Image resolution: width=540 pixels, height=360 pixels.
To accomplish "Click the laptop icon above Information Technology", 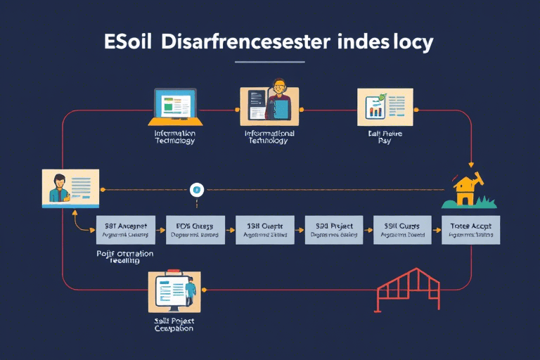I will tap(174, 106).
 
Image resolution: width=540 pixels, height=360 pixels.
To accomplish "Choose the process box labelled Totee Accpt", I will tap(470, 229).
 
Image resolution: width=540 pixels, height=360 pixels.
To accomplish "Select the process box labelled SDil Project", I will tap(334, 229).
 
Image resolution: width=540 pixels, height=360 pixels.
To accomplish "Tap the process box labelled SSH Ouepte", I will tap(264, 229).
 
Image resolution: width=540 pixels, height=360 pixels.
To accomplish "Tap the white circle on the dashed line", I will tap(197, 188).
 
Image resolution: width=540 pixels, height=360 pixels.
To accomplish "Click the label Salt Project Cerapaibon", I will tap(174, 323).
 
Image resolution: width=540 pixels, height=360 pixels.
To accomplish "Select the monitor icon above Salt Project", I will tap(174, 291).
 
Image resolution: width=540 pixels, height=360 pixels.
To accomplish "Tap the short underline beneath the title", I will tap(270, 62).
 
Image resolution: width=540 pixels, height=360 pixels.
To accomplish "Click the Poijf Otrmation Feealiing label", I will tap(124, 255).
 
